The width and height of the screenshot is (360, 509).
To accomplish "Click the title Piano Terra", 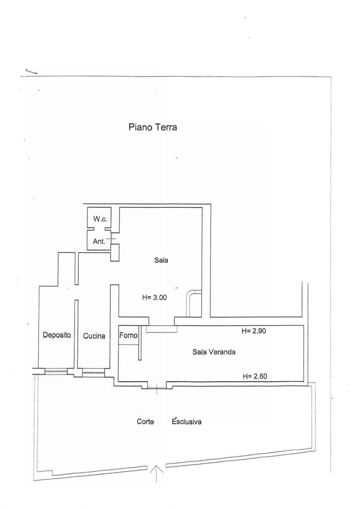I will point(152,128).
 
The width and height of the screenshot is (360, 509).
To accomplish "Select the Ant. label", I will point(99,241).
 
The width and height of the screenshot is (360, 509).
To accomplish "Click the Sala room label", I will point(162,261).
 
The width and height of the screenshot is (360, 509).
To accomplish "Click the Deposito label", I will point(56,335).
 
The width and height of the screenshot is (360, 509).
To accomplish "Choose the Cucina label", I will point(94,336).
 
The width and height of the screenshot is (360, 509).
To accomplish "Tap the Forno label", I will point(128,335).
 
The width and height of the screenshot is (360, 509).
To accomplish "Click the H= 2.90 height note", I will point(253,331).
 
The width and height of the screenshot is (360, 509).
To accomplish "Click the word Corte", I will point(145,422).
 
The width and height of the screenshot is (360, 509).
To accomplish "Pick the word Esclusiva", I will point(187,422).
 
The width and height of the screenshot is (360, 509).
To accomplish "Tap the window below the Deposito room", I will point(56,372).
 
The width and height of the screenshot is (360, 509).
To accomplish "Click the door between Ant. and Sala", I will point(112,239).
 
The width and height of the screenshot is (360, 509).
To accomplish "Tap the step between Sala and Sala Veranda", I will point(162,329).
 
